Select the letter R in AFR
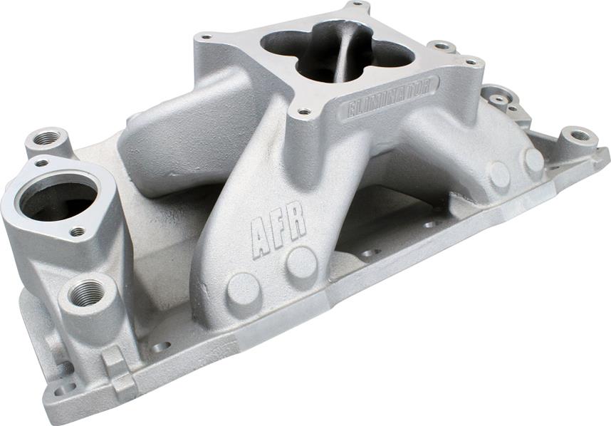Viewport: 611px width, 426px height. pyautogui.click(x=297, y=223)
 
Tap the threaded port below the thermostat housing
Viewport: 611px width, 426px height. pyautogui.click(x=87, y=292)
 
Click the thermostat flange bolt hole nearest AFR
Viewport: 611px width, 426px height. pyautogui.click(x=78, y=232)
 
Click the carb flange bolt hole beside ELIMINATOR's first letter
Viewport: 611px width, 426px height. pyautogui.click(x=304, y=112)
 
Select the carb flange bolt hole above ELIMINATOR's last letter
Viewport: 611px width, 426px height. pyautogui.click(x=470, y=63)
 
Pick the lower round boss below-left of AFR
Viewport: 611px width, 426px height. pyautogui.click(x=244, y=288)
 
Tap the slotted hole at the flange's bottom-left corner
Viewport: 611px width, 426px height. pyautogui.click(x=66, y=389)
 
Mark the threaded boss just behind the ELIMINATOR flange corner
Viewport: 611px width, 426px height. pyautogui.click(x=443, y=47)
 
